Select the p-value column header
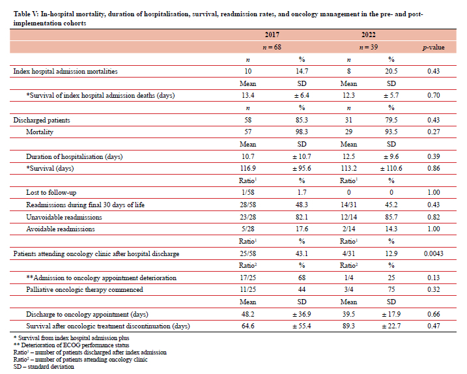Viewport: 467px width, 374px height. (434, 47)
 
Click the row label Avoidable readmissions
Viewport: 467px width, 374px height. (61, 229)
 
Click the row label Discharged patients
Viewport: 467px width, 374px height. (42, 121)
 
